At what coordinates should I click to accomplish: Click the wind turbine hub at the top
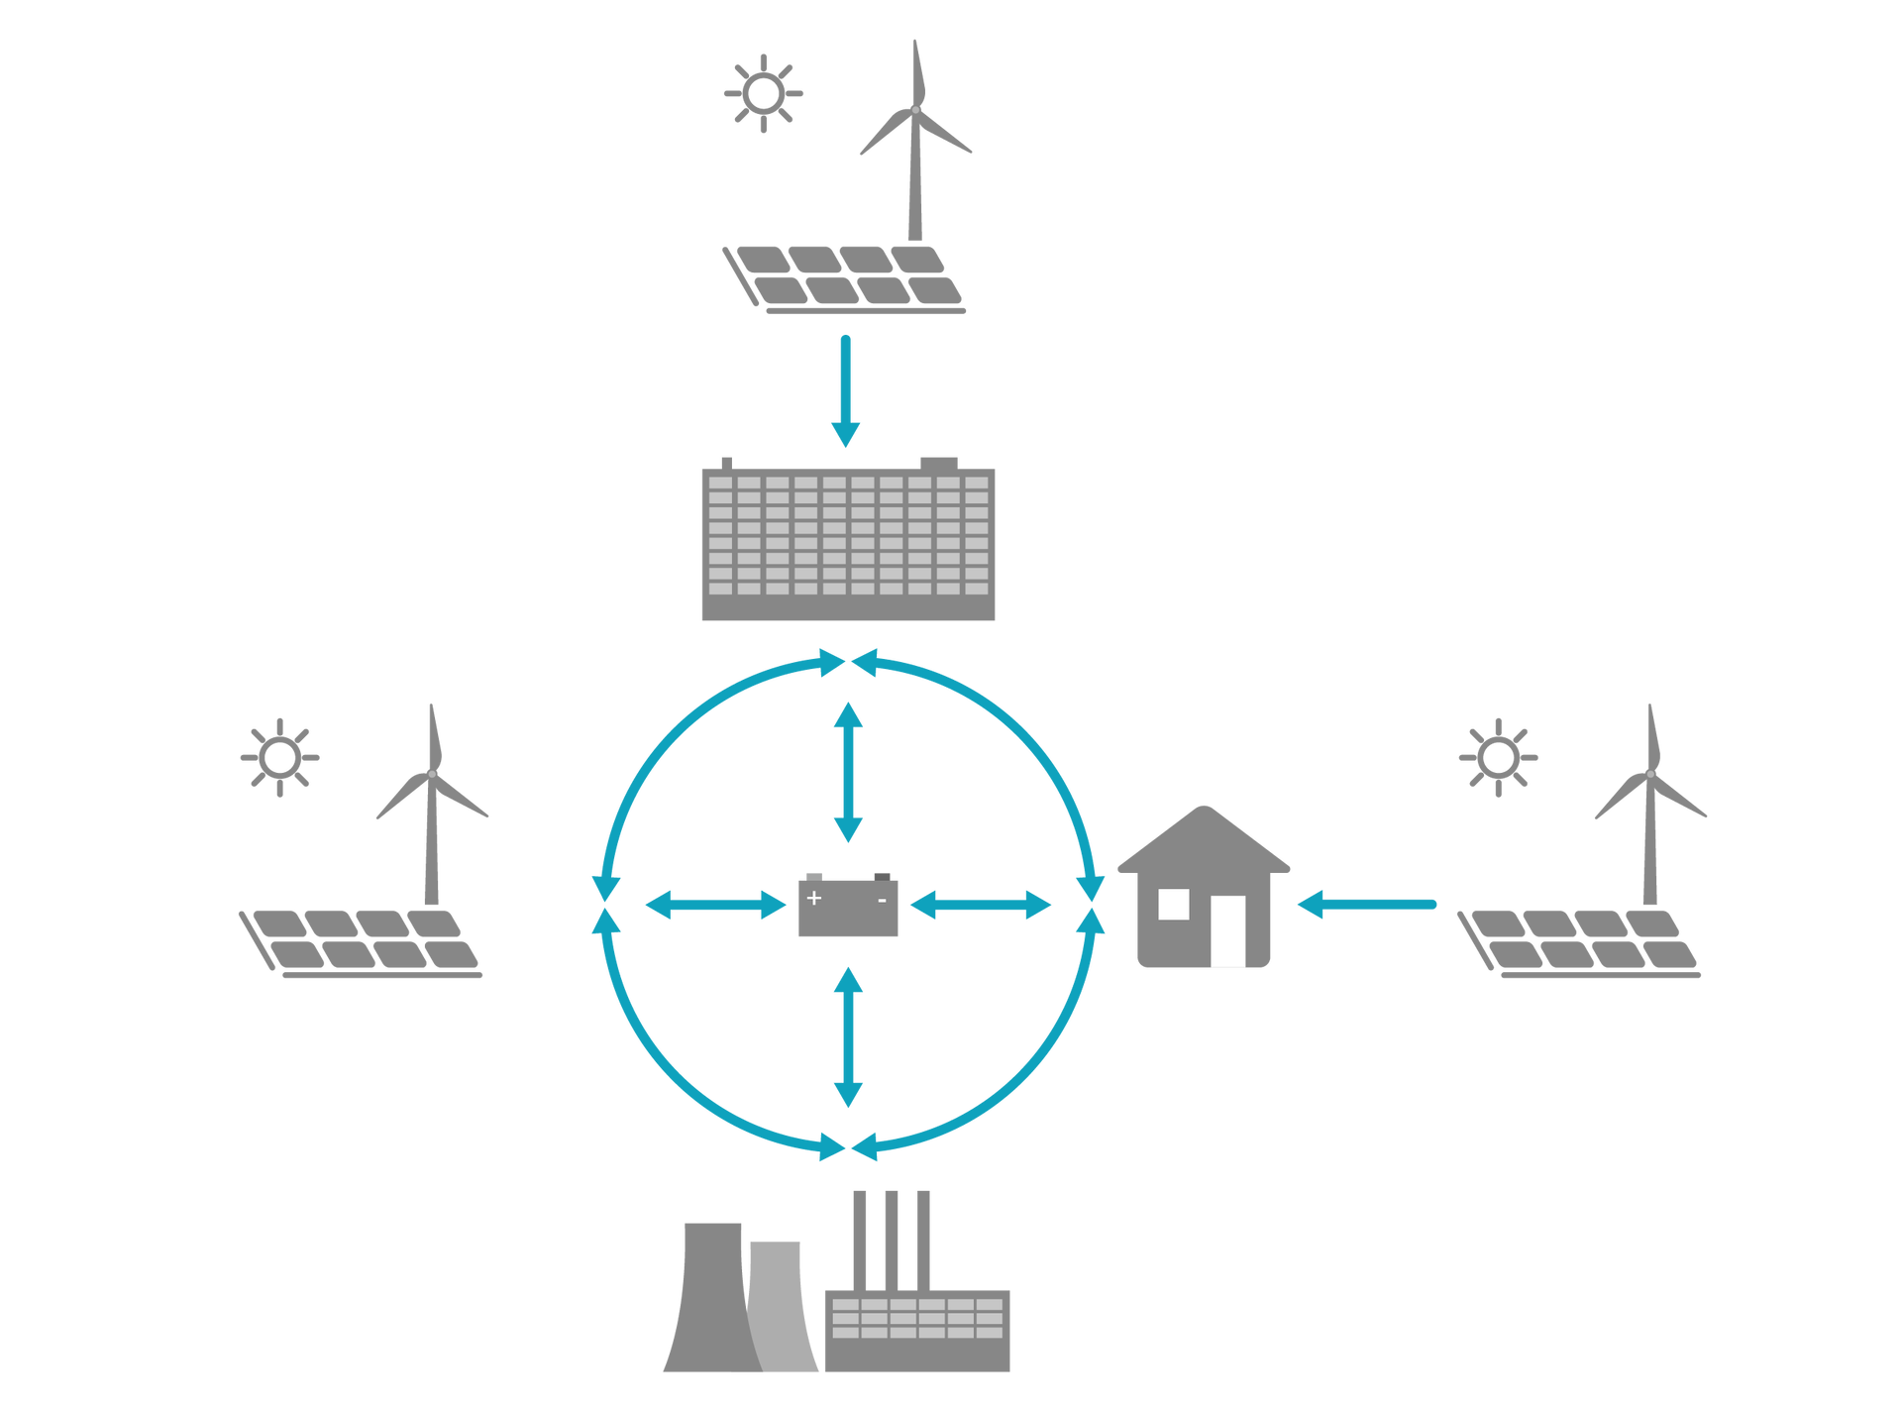click(x=915, y=109)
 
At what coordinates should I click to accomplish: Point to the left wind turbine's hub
click(x=431, y=773)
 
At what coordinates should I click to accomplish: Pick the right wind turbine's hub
click(x=1649, y=773)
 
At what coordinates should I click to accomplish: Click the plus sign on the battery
click(x=814, y=898)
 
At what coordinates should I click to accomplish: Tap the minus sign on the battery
click(x=882, y=901)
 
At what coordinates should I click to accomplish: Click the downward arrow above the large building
click(x=845, y=390)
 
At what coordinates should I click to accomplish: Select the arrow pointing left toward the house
click(x=1366, y=904)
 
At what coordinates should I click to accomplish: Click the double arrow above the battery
click(x=848, y=772)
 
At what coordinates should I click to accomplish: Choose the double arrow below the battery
click(x=848, y=1037)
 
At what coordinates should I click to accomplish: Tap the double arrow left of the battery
click(x=716, y=904)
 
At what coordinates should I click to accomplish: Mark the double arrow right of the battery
click(x=981, y=904)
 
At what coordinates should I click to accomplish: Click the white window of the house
click(x=1174, y=904)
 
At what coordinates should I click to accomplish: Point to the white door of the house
click(x=1228, y=930)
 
